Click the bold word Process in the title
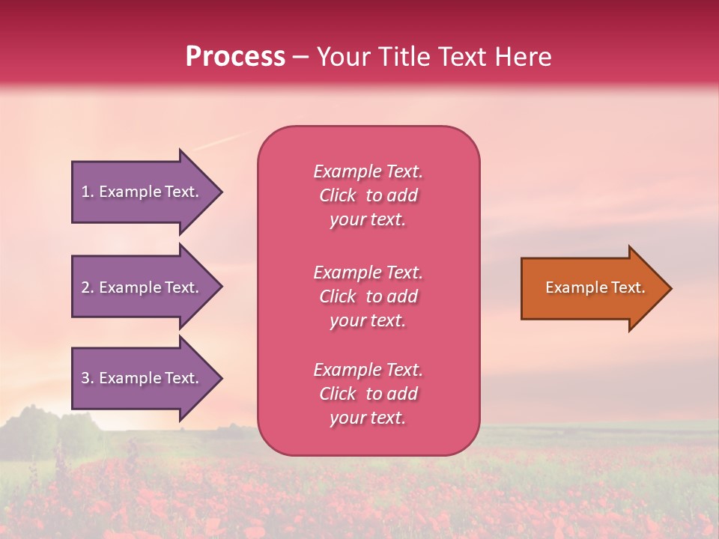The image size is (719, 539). [235, 57]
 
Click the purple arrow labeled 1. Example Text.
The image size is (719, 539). [142, 192]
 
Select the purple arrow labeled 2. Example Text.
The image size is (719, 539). [142, 287]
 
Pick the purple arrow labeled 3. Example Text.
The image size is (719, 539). [142, 378]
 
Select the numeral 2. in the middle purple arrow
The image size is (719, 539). [88, 287]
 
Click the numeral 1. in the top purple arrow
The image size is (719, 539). [88, 192]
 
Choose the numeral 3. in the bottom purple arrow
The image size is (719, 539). [88, 378]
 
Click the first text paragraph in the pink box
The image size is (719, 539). [368, 195]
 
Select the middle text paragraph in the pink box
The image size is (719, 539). [368, 296]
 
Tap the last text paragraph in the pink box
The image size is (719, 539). [368, 394]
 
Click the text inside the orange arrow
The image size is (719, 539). [595, 287]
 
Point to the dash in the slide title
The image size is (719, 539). [300, 58]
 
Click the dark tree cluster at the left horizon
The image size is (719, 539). [37, 423]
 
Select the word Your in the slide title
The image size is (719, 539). [342, 57]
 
